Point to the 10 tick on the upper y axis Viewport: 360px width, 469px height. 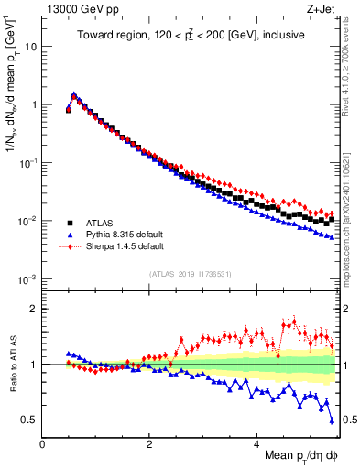click(31, 46)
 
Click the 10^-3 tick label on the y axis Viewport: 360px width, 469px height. click(27, 278)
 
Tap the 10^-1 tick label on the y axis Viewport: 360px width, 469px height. click(27, 162)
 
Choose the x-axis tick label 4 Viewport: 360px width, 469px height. click(256, 442)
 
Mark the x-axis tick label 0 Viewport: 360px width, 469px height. click(43, 442)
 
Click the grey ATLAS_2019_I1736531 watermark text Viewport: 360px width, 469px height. click(189, 273)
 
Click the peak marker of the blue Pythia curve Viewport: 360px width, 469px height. click(73, 94)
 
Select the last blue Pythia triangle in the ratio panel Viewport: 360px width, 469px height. click(332, 420)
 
